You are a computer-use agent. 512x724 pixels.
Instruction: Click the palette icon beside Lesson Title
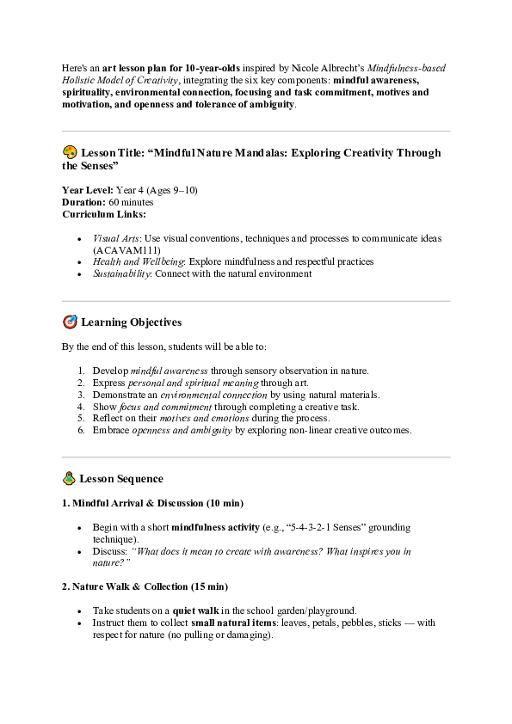pos(70,152)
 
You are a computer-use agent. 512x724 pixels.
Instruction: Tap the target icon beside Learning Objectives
pos(70,322)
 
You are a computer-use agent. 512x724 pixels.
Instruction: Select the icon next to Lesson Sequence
pos(69,478)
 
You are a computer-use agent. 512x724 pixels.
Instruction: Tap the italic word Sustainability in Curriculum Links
pos(121,273)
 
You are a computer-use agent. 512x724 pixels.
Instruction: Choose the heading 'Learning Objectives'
pos(131,322)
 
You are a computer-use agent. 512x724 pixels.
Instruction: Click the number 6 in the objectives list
pos(81,430)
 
